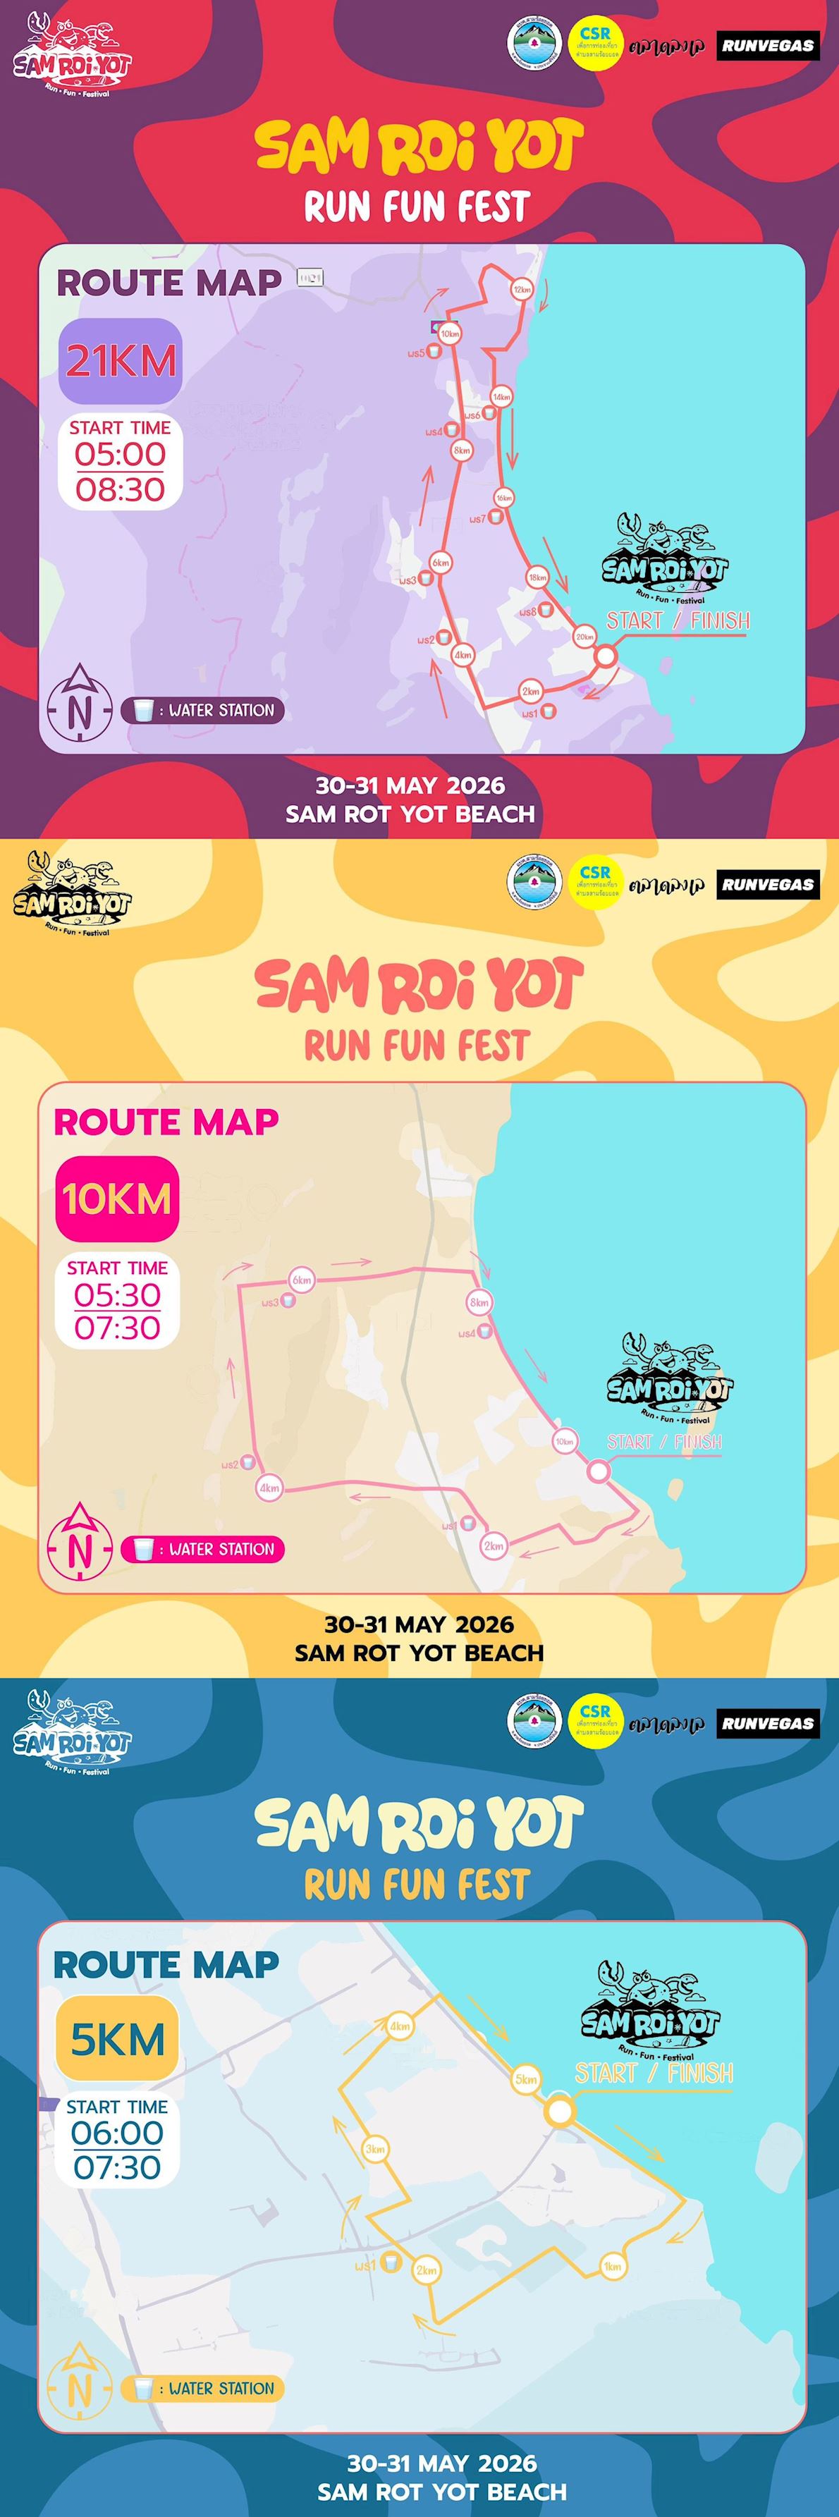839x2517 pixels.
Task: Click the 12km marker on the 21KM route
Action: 522,289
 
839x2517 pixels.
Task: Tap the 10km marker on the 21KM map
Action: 449,333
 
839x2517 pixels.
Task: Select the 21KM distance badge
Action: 120,360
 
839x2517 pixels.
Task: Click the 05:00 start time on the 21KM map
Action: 120,454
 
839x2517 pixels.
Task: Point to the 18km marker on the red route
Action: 537,577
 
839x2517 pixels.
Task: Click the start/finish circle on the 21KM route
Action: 606,656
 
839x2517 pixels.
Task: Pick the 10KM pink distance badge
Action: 117,1199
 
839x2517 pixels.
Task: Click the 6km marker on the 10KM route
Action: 302,1280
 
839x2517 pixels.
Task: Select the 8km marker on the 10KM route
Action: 479,1302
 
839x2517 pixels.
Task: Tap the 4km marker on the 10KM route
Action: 269,1488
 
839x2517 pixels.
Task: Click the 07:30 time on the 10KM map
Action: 117,1328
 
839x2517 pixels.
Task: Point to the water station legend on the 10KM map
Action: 203,1549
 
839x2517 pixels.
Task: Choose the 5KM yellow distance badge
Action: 117,2038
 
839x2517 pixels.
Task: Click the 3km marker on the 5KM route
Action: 375,2149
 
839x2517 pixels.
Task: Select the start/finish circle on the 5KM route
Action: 558,2110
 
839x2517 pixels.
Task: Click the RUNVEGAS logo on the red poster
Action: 768,45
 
